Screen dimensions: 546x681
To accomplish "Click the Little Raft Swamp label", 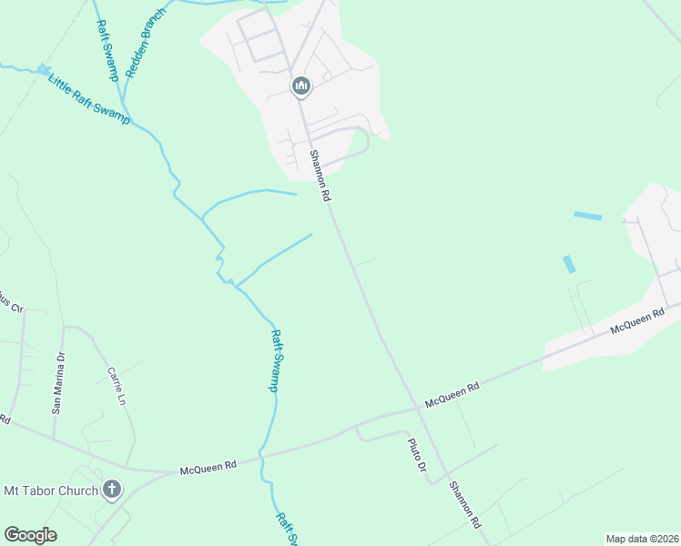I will coord(89,96).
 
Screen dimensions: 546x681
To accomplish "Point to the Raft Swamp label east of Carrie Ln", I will coord(275,360).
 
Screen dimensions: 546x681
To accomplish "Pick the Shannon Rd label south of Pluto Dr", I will coord(463,506).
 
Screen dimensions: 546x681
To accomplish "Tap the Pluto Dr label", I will coord(415,455).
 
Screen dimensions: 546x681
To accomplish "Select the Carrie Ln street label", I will coord(116,386).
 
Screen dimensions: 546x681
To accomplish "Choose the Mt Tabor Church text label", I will coord(51,491).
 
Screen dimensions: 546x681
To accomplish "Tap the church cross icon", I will coord(111,490).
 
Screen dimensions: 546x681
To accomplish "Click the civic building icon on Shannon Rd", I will coord(301,86).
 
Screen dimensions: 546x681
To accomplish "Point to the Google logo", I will coord(30,535).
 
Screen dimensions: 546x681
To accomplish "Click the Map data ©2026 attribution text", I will coord(642,539).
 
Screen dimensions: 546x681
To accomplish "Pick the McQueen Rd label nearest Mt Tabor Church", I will coord(208,467).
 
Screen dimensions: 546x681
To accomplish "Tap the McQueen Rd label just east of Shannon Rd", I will coord(452,395).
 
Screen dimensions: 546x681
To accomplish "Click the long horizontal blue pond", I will coord(587,217).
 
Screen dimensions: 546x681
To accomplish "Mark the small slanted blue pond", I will coord(569,264).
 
